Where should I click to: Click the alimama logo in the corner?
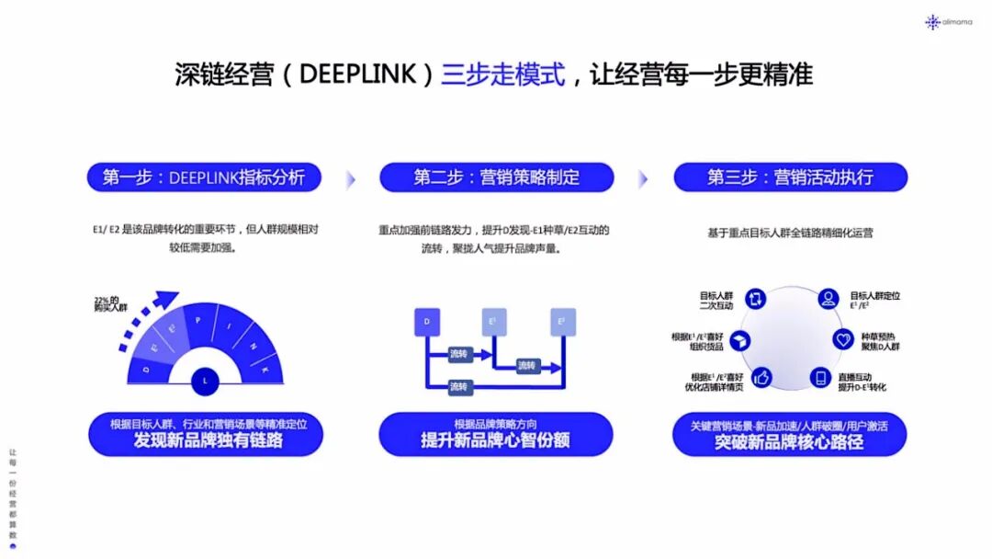[947, 21]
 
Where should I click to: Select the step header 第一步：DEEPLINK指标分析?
[204, 177]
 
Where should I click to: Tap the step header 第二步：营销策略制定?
[496, 177]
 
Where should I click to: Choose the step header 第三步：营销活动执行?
[790, 177]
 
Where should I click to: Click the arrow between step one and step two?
[350, 178]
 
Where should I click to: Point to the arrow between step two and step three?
[643, 178]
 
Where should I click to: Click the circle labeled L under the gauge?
[204, 380]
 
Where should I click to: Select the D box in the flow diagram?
[426, 321]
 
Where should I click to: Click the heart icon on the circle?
[843, 339]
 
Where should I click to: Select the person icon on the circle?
[828, 298]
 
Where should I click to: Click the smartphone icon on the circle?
[819, 377]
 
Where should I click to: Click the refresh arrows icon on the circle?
[756, 298]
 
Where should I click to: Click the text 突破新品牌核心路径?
[789, 442]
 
